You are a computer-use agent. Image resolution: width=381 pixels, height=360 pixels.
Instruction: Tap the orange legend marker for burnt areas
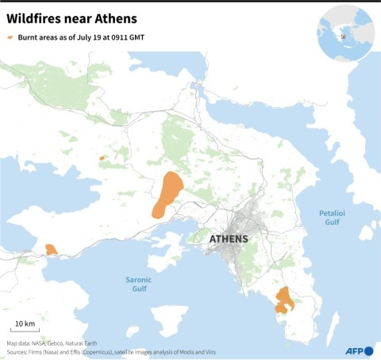(10, 37)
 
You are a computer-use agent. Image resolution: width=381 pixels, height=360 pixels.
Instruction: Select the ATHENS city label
(228, 239)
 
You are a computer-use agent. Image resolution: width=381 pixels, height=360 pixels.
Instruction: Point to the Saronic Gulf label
(139, 284)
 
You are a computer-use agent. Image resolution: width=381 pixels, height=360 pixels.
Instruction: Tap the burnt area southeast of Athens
(283, 300)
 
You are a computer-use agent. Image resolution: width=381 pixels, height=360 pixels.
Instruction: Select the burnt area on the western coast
(51, 249)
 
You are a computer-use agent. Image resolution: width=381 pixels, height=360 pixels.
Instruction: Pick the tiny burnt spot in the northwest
(102, 158)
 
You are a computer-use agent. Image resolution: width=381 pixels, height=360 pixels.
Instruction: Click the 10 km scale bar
(24, 327)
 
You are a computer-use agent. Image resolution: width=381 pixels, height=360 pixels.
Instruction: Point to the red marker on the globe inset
(343, 36)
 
